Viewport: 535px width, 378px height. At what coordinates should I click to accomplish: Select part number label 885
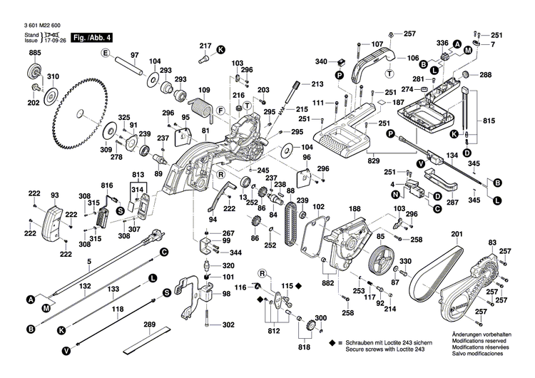coord(34,53)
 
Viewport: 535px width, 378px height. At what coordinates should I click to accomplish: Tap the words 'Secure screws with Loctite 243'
coord(392,349)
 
